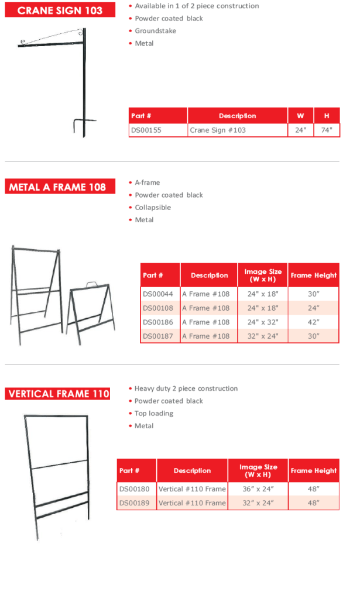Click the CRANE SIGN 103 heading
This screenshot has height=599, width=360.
click(x=60, y=10)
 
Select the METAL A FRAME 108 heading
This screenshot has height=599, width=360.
click(x=57, y=187)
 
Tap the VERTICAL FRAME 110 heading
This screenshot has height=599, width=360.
click(x=58, y=394)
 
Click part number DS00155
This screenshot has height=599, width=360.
click(x=146, y=130)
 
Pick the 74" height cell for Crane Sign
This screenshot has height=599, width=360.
click(x=327, y=130)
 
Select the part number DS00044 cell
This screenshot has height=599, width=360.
click(x=158, y=294)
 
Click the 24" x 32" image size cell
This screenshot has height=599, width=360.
click(x=263, y=322)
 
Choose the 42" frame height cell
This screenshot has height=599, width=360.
click(x=313, y=322)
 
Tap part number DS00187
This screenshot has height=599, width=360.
click(x=158, y=336)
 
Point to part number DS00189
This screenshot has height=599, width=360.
click(x=135, y=503)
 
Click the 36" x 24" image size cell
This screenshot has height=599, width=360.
click(x=258, y=488)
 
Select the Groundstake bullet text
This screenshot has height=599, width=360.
click(x=155, y=31)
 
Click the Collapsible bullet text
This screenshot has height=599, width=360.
click(x=153, y=208)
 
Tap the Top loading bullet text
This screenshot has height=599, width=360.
click(x=154, y=414)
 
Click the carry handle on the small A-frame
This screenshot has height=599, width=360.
click(x=91, y=285)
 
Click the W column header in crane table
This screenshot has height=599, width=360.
click(x=300, y=116)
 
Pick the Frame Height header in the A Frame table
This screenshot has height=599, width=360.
click(x=313, y=275)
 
